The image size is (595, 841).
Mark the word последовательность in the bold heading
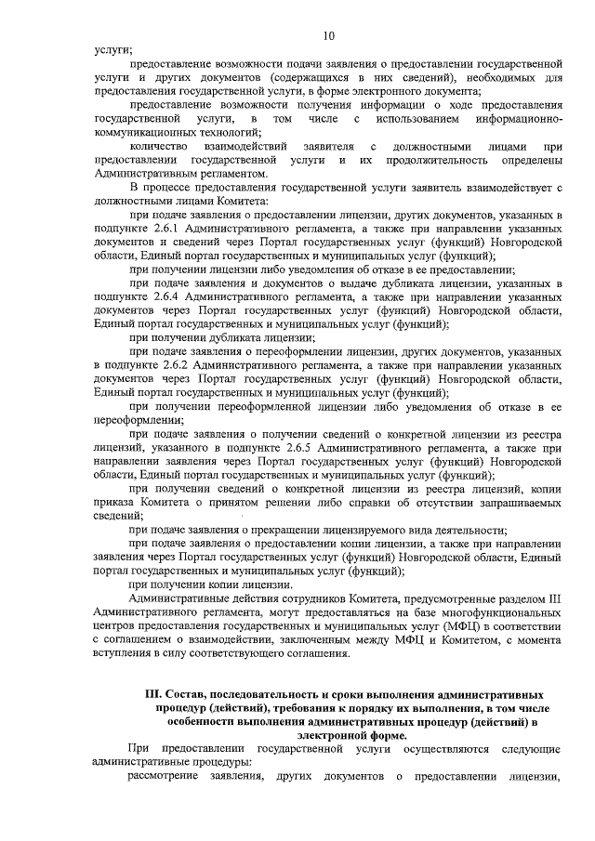click(274, 695)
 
